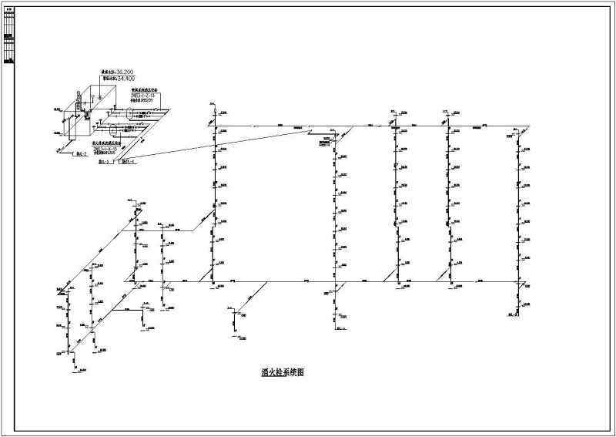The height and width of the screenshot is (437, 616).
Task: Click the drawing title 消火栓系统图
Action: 283,372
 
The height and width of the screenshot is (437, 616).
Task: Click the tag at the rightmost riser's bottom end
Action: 511,315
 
